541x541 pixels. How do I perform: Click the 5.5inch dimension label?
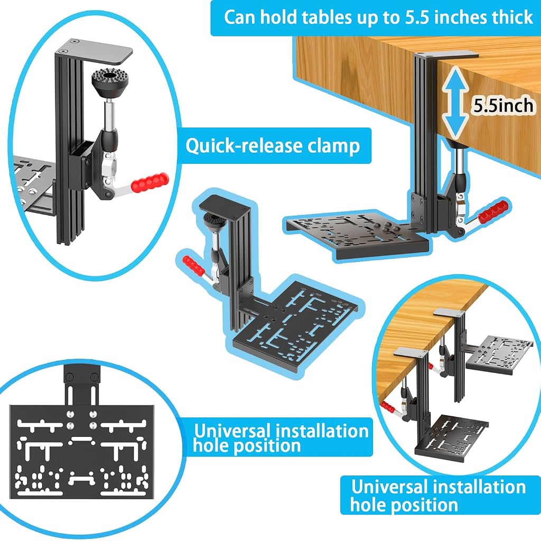pyautogui.click(x=503, y=105)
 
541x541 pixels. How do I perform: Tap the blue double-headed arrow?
pyautogui.click(x=455, y=103)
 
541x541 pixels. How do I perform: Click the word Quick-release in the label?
pyautogui.click(x=243, y=146)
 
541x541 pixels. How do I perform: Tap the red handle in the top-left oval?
pyautogui.click(x=151, y=182)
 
